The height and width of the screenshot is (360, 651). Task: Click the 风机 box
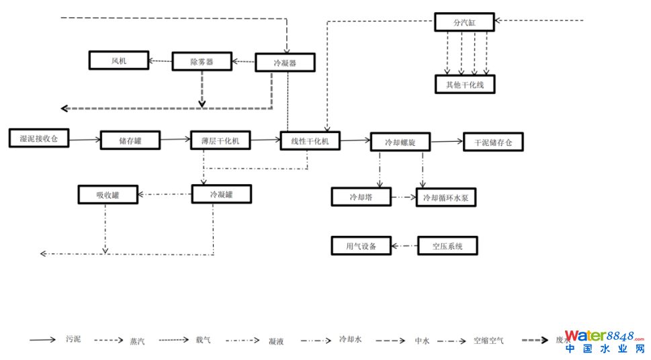click(118, 60)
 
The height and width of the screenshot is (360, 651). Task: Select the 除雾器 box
click(202, 62)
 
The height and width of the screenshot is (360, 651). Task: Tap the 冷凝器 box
click(285, 63)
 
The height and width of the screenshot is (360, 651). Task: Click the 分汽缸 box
click(464, 22)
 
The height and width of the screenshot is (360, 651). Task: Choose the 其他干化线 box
click(464, 84)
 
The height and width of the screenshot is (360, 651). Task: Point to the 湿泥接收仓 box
click(39, 138)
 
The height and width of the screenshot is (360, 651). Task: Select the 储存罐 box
click(130, 140)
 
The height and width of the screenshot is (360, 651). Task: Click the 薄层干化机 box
click(220, 140)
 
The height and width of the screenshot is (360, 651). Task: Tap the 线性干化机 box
click(310, 140)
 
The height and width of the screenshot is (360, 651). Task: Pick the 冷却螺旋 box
click(400, 142)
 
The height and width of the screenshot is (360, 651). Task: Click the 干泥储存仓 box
click(492, 142)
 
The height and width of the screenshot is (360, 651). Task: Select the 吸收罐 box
click(107, 195)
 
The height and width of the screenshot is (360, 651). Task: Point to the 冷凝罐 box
click(221, 194)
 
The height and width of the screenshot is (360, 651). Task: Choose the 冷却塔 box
click(361, 197)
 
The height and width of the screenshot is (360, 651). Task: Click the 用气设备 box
click(361, 246)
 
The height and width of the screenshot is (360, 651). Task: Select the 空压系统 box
click(448, 246)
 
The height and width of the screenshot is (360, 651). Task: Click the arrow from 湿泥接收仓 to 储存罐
click(85, 140)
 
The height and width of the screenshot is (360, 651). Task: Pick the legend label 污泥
click(73, 339)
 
